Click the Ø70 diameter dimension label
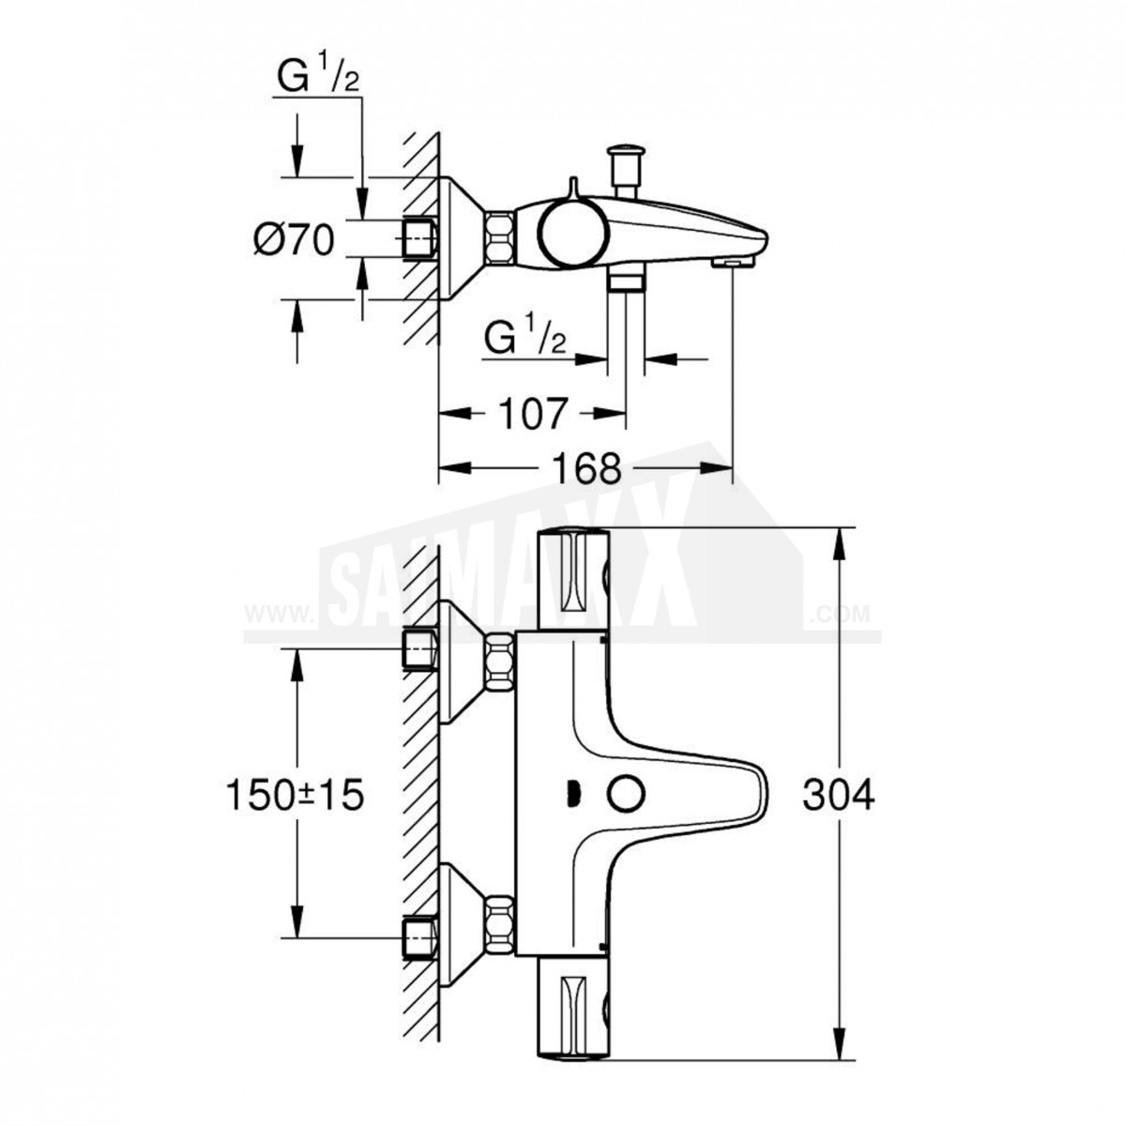click(295, 239)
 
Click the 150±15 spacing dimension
click(295, 795)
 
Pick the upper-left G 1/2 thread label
click(318, 74)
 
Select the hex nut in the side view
click(498, 239)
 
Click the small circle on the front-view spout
click(627, 795)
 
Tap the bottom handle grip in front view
click(572, 1005)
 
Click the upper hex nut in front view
click(498, 663)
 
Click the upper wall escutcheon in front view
click(461, 663)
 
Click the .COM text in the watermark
click(840, 614)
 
